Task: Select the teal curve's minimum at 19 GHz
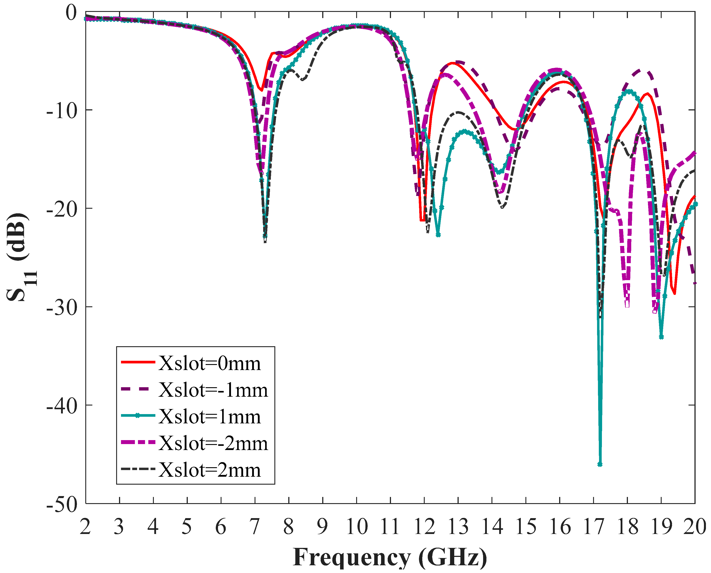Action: (661, 337)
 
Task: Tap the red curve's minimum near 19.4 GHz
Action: (674, 293)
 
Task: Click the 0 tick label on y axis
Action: (71, 13)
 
